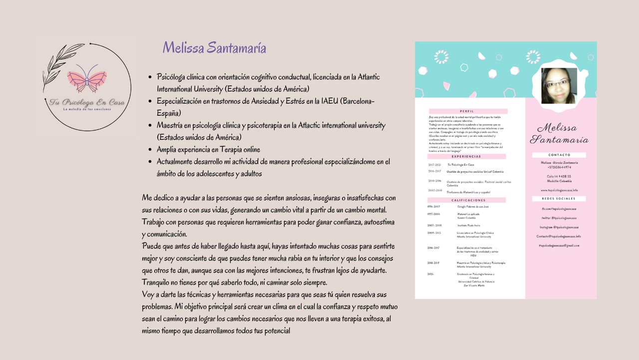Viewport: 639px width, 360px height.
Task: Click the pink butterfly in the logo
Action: point(87,78)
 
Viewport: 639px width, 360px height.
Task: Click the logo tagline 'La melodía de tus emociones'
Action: point(87,109)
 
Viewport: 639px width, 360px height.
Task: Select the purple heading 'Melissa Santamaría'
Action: point(214,48)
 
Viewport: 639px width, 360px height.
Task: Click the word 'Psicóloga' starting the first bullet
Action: point(173,77)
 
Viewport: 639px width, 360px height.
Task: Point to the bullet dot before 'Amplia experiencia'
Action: point(150,150)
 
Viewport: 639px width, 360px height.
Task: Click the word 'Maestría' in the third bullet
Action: point(172,125)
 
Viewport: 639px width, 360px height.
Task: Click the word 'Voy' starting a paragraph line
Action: point(148,295)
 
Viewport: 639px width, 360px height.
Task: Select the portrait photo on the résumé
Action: point(559,85)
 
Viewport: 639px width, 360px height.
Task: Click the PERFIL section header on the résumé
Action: point(468,111)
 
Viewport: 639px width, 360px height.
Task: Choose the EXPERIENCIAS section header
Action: point(467,157)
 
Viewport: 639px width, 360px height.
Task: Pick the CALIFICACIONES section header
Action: point(468,200)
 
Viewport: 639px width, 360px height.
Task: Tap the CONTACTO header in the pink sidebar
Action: point(559,155)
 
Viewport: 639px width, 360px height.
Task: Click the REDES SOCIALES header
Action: point(559,199)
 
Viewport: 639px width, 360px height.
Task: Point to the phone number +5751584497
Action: point(559,167)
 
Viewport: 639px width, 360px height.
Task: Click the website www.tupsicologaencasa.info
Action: point(559,190)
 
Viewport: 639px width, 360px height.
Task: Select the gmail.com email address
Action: point(559,246)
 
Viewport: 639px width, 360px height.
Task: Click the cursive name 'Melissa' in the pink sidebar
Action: point(556,128)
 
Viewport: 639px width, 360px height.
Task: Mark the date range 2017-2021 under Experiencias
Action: point(434,165)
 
